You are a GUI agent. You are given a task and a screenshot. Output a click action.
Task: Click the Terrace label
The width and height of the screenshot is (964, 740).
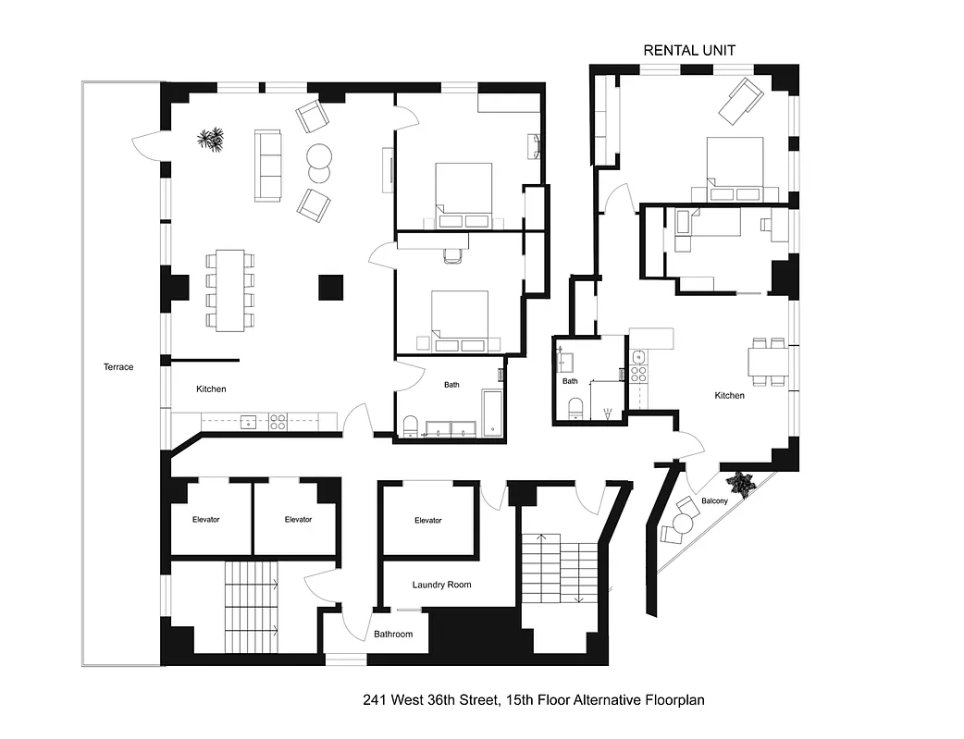click(117, 367)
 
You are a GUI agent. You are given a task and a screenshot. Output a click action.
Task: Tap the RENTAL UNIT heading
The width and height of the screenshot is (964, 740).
click(689, 50)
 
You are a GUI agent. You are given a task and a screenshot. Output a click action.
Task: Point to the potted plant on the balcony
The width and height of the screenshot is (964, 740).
click(741, 482)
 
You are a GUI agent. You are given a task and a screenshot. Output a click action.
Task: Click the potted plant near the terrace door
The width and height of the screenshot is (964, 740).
click(211, 140)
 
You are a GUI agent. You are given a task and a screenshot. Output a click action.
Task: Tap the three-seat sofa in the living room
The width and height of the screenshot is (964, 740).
click(268, 165)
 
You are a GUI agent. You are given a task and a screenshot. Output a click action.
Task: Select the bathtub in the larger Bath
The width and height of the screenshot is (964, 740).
click(492, 412)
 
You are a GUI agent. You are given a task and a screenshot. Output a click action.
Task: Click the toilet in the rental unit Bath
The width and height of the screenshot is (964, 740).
click(574, 408)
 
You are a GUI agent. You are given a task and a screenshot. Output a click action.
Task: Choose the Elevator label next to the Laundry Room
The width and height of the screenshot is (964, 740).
click(427, 521)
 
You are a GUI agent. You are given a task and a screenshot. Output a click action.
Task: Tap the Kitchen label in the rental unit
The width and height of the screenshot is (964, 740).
click(729, 396)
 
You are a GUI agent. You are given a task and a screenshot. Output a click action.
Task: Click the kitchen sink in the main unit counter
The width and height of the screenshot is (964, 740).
click(248, 422)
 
